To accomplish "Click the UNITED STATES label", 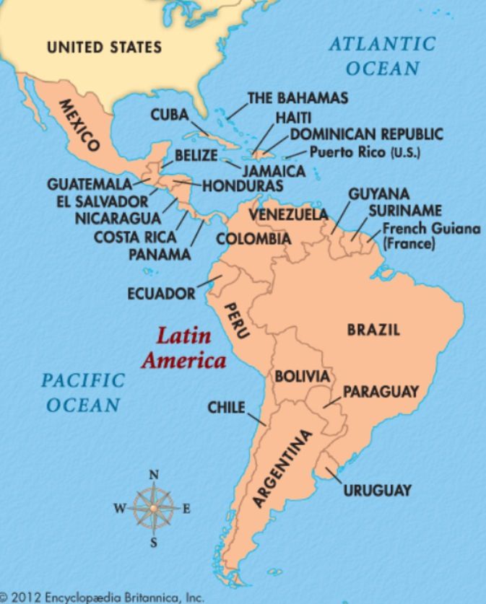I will point(104,48).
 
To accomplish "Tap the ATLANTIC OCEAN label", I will point(383,56).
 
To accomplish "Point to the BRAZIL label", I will point(373,330).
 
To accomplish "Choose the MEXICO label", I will point(80,125).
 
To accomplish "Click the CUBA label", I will point(170,115).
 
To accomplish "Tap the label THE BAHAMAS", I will point(298,97).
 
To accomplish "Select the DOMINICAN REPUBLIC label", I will point(367,135).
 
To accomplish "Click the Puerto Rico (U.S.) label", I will point(365,153).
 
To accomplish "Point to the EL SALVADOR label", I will point(102,201).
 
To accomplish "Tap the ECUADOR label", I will point(161,294).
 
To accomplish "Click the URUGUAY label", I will point(377,490).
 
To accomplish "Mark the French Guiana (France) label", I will point(430,237).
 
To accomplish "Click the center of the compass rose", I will point(153,507).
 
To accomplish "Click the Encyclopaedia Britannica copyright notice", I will point(104,597).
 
